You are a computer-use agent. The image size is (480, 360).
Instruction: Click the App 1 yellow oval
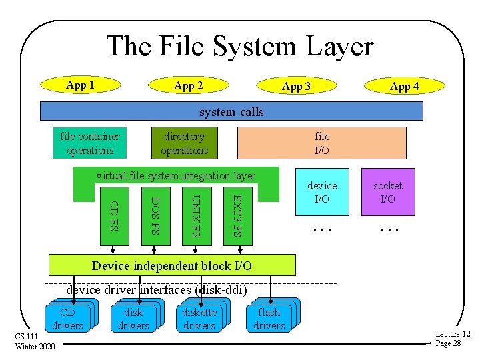click(x=80, y=85)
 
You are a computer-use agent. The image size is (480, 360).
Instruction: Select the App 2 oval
click(x=188, y=85)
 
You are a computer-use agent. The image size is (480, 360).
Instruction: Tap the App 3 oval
click(x=296, y=86)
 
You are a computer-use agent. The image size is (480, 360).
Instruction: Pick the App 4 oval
click(x=404, y=86)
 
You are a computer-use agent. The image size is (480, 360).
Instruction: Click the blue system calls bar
click(x=231, y=111)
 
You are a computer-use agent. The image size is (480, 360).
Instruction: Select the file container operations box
click(x=90, y=143)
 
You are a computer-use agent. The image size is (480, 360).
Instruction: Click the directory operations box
click(x=185, y=143)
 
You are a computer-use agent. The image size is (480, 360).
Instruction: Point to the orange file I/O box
click(x=322, y=143)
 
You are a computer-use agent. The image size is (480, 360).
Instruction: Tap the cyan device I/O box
click(x=322, y=192)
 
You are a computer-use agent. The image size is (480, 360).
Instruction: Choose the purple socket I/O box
click(x=388, y=192)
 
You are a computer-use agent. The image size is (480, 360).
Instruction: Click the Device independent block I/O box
click(x=172, y=265)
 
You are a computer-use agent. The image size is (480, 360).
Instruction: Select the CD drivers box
click(x=67, y=319)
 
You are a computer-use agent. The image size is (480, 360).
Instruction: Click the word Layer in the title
click(x=335, y=47)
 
